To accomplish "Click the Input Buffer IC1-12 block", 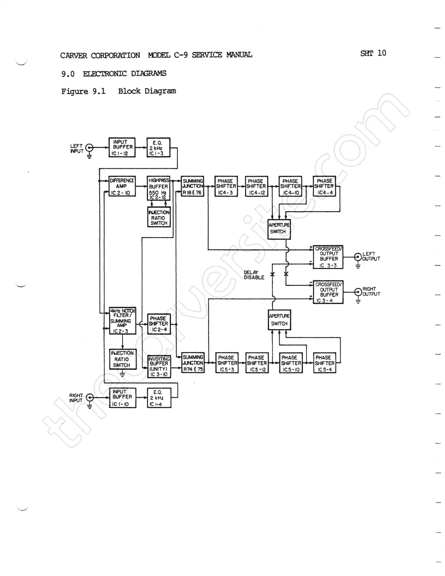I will [x=122, y=147].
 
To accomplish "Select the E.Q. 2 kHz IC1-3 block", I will [x=158, y=148].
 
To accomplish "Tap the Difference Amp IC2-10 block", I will [x=122, y=186].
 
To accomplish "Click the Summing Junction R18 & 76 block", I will [x=193, y=186].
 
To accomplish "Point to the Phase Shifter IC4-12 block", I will [x=256, y=186].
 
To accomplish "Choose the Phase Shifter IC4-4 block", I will [x=324, y=186].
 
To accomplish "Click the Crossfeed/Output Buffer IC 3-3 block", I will [x=328, y=257].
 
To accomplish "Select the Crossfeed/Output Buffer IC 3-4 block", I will [x=328, y=292].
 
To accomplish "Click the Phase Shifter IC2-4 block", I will [x=159, y=324].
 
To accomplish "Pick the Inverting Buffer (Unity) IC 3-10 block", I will [x=159, y=366].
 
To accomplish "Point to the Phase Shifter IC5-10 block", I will [x=291, y=363].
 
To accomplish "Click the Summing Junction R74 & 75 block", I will [x=193, y=363].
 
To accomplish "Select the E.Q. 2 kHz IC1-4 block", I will [x=159, y=398].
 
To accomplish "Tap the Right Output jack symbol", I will [x=358, y=292].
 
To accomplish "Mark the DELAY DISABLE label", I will [x=254, y=275].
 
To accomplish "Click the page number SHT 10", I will [x=373, y=53].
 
